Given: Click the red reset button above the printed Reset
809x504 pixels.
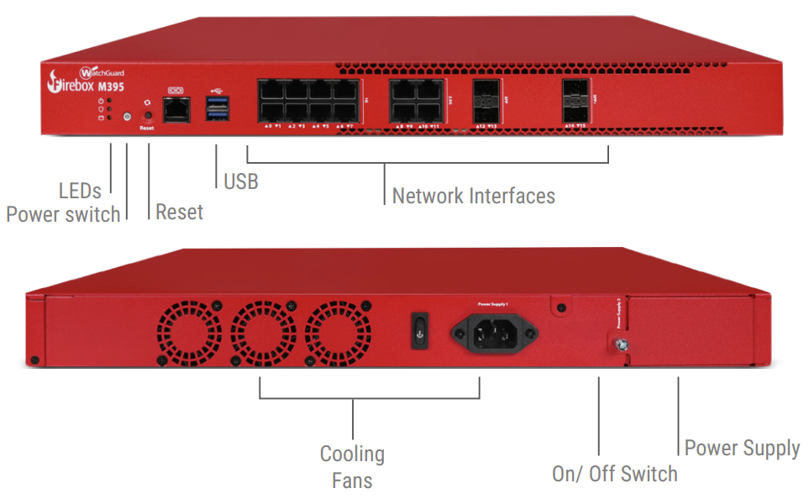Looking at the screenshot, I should coord(148,115).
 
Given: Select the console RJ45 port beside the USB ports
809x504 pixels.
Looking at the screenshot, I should coord(176,108).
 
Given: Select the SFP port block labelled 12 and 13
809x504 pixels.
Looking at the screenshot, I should coord(486,102).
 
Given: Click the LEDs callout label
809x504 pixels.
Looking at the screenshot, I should coord(80,190).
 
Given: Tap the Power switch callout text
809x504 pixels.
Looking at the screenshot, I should coord(63,214).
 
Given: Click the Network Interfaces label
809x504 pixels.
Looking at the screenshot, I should coord(473,196).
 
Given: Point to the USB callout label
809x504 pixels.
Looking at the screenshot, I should coord(240,180).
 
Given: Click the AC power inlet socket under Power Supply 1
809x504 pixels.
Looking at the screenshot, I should coord(495,333).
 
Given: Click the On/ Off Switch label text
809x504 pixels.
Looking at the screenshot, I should coord(614,473).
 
